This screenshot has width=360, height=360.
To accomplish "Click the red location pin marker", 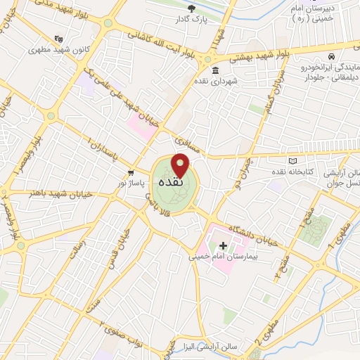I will point(181,165).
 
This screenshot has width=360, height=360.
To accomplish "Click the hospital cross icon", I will point(224,246).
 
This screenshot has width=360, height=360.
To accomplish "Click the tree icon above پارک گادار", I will point(192,8).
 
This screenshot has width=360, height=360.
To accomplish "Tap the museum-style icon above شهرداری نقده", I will point(215,70).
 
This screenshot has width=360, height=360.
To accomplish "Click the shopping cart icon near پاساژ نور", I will point(130,173).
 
